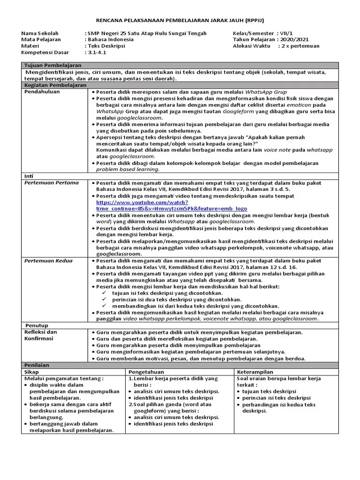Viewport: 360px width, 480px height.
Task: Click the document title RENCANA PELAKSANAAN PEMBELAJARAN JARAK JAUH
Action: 180,21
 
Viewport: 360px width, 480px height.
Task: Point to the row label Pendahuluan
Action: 42,92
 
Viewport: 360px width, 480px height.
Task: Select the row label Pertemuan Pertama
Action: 52,182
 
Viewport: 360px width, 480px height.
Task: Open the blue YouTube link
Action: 172,205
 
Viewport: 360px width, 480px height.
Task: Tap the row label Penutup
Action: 37,324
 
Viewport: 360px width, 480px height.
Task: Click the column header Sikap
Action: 31,371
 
